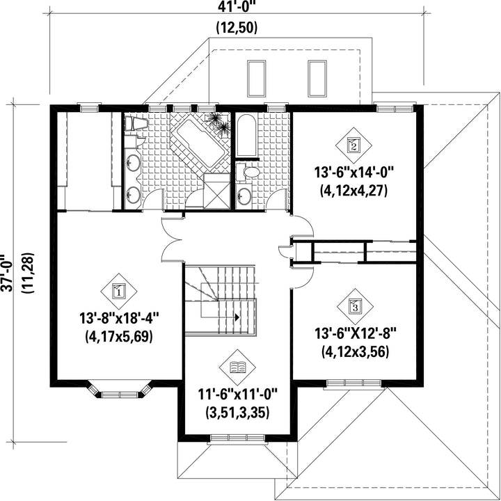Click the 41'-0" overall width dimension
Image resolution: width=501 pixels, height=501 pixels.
237,7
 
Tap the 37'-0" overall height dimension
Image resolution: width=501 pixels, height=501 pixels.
7,273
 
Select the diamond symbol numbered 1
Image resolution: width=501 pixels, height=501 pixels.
119,291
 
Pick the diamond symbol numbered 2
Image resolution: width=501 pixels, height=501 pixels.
353,145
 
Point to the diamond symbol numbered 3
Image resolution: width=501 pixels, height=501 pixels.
356,307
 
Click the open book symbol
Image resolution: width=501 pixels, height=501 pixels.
237,367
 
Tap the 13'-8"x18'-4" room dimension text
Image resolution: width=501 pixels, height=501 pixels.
119,318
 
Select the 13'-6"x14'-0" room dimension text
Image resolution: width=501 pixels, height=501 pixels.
353,173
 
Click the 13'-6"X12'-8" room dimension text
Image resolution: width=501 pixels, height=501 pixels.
356,334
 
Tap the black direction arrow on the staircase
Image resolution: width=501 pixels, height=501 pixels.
237,317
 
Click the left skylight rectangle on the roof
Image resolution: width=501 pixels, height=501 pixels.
256,79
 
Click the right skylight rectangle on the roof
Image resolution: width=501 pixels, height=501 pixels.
317,79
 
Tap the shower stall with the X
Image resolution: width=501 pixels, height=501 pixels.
216,191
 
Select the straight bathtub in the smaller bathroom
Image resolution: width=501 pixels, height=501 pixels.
246,136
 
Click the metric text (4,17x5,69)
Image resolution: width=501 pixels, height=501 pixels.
119,337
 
